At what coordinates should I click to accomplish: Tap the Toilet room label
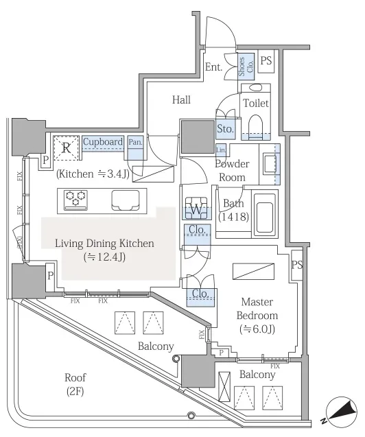tap(256, 104)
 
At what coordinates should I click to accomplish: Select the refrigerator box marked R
tap(67, 148)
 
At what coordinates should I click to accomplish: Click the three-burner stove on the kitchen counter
tap(75, 200)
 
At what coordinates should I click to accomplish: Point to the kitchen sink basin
tap(126, 200)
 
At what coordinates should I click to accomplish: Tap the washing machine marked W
tap(196, 208)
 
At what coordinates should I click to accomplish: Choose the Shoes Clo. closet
tap(246, 67)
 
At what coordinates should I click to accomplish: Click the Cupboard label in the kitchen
tap(103, 142)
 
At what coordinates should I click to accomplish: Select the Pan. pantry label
tap(135, 142)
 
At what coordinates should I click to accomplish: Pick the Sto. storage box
tap(225, 129)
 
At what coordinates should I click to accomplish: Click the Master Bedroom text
tap(257, 309)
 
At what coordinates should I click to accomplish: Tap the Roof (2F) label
tap(75, 385)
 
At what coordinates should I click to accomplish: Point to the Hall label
tap(181, 99)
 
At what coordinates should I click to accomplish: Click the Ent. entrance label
tap(213, 67)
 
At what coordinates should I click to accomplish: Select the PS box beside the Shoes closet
tap(266, 61)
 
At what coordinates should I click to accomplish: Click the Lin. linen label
tap(221, 150)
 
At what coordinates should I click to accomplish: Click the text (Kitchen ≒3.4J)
tap(93, 174)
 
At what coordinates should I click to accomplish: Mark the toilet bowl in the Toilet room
tap(255, 126)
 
